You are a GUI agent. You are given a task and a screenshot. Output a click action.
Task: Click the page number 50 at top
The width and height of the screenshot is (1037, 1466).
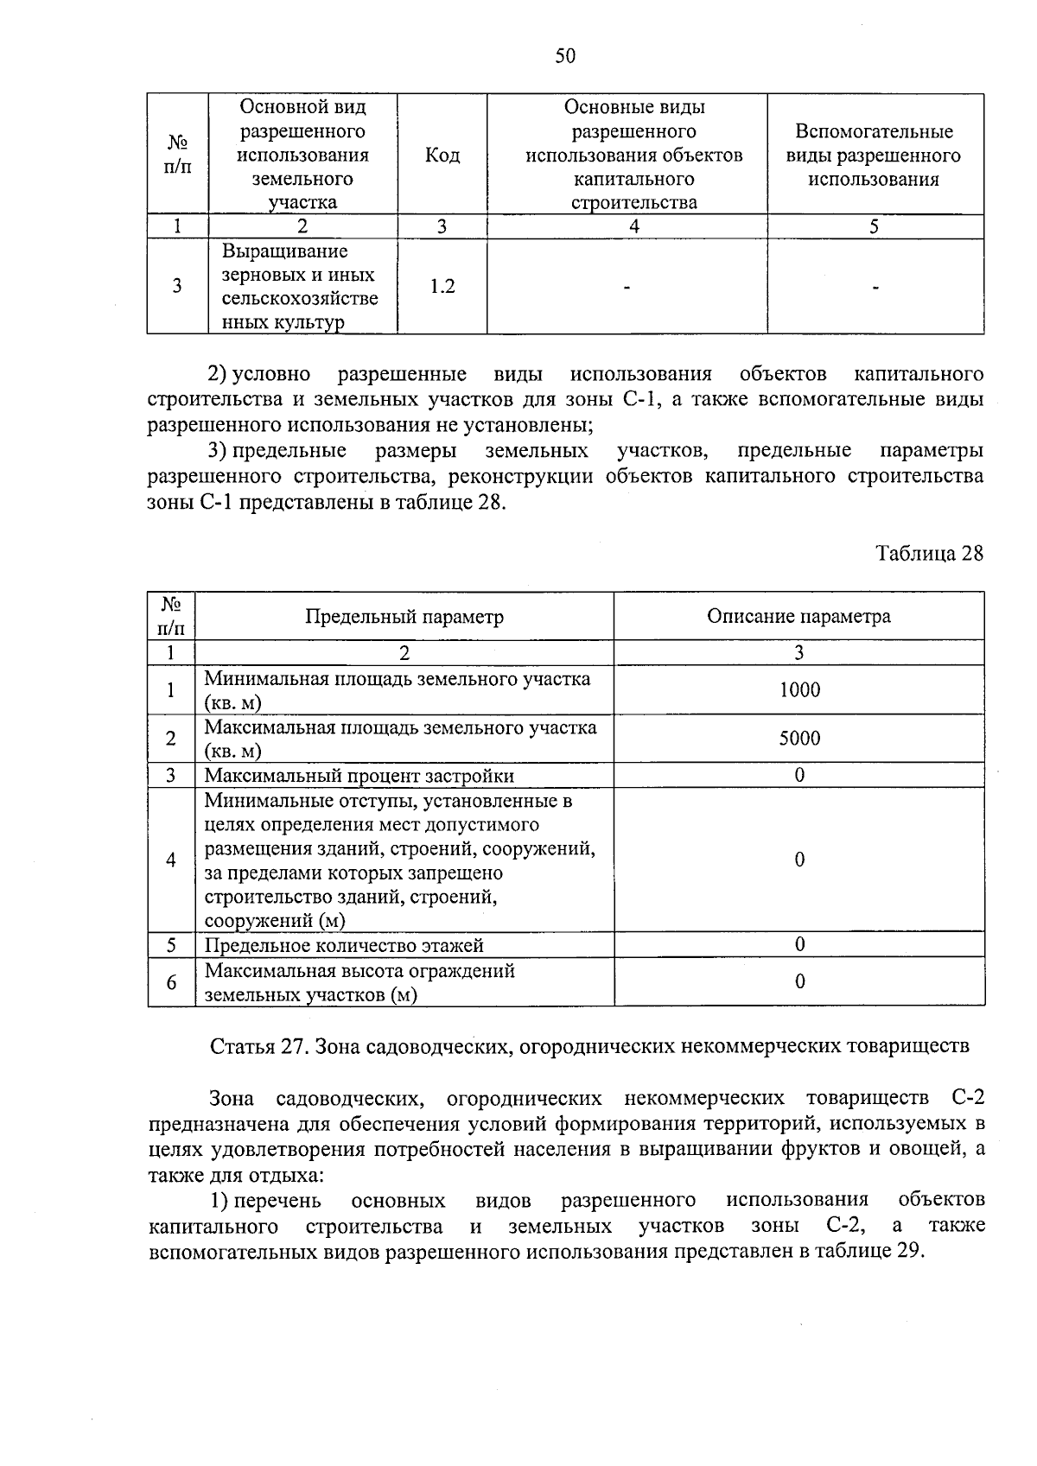pyautogui.click(x=565, y=56)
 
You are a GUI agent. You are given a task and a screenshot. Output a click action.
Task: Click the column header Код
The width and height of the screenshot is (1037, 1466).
pyautogui.click(x=442, y=155)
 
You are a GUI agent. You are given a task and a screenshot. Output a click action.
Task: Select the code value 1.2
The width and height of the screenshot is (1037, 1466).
pyautogui.click(x=442, y=287)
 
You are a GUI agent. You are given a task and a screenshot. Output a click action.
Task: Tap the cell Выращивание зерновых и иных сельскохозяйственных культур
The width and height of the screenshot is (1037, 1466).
pyautogui.click(x=300, y=287)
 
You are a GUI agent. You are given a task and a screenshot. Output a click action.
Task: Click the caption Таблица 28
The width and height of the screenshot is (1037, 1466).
pyautogui.click(x=929, y=554)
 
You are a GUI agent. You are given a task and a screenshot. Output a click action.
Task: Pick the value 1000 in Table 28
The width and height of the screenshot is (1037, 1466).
pyautogui.click(x=798, y=690)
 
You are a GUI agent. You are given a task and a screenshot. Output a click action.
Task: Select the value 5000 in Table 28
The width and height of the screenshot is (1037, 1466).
pyautogui.click(x=798, y=739)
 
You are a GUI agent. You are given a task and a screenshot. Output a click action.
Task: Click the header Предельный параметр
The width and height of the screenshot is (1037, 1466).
pyautogui.click(x=404, y=617)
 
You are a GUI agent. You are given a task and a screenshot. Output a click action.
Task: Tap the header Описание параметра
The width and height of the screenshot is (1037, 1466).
pyautogui.click(x=798, y=617)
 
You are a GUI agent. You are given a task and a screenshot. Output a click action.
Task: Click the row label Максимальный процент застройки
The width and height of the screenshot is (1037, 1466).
pyautogui.click(x=359, y=776)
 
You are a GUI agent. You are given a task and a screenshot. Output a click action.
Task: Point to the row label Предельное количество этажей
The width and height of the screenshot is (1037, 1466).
pyautogui.click(x=344, y=945)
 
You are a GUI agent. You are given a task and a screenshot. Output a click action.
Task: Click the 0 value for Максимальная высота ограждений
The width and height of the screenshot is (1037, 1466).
pyautogui.click(x=799, y=981)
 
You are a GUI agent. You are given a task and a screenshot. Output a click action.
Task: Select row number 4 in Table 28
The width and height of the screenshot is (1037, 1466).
pyautogui.click(x=171, y=860)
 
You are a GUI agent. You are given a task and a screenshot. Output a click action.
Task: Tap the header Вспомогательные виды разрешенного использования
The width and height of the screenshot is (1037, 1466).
pyautogui.click(x=874, y=155)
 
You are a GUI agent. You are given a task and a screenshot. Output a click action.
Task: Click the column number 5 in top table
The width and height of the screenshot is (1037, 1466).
pyautogui.click(x=874, y=227)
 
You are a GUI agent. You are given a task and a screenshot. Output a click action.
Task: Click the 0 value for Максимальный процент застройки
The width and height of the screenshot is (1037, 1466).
pyautogui.click(x=799, y=776)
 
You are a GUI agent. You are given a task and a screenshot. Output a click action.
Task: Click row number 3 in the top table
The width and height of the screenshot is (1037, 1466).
pyautogui.click(x=177, y=287)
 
